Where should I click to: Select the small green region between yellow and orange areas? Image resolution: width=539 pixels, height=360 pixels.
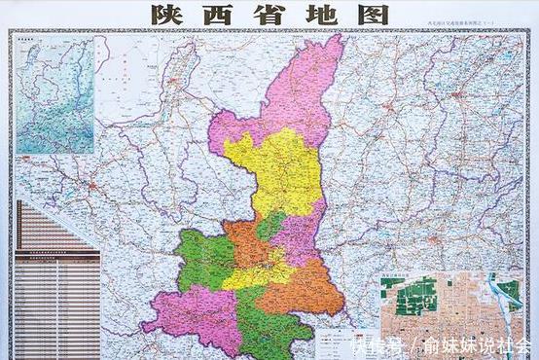(x=270, y=227)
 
